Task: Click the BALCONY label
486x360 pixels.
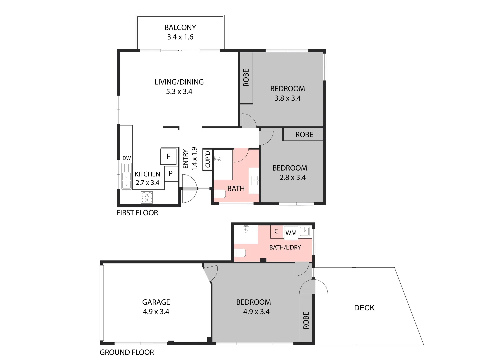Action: coord(180,28)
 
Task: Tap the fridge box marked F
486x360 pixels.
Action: coord(168,156)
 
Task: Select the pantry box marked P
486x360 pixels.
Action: coord(171,174)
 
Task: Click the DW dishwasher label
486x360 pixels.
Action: coord(127,158)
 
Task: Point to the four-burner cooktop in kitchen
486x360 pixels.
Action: coord(147,197)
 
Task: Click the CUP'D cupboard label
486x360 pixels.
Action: coord(208,159)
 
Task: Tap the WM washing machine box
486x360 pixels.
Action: coord(291,233)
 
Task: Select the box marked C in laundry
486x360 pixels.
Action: coord(276,231)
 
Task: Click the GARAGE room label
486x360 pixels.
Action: coord(156,302)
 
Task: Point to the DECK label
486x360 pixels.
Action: coord(364,308)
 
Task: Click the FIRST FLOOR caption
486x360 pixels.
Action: coord(137,213)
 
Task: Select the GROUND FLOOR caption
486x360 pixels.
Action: coord(127,352)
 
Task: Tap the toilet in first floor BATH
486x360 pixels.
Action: coord(220,194)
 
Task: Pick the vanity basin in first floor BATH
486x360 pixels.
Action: coord(254,181)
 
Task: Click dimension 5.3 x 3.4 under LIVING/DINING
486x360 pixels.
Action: coord(179,92)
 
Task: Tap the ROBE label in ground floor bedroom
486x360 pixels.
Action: coord(306,320)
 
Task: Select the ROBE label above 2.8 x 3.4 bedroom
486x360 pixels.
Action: coord(304,135)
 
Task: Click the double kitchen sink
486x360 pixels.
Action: coord(126,180)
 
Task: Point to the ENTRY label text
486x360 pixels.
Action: coord(186,159)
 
